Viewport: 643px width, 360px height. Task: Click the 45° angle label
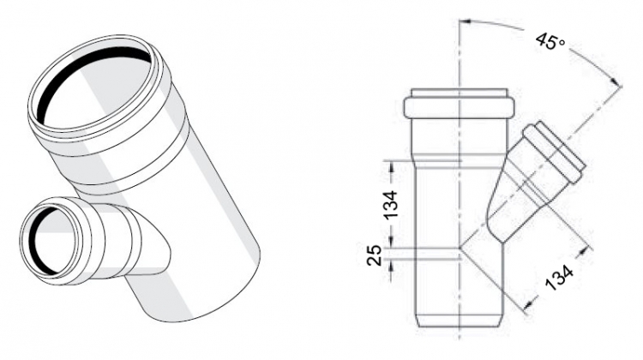(x=550, y=40)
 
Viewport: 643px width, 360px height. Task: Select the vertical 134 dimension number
(x=391, y=204)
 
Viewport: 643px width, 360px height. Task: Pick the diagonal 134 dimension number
(x=560, y=278)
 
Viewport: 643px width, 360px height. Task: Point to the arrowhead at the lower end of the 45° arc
(x=616, y=82)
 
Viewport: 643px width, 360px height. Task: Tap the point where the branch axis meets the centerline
(x=460, y=248)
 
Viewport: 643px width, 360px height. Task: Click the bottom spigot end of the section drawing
(x=460, y=320)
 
